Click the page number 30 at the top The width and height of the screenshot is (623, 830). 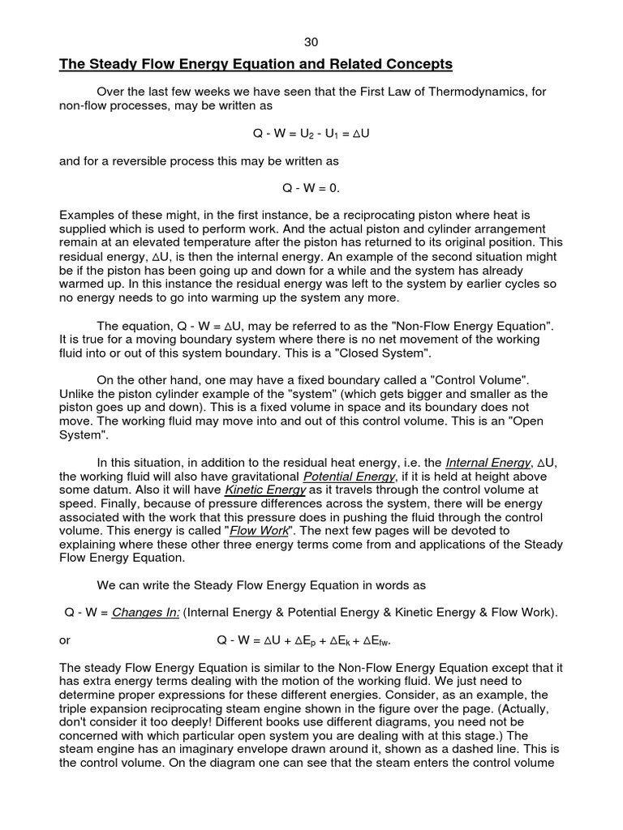coord(311,41)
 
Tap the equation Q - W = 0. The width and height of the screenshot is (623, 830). coord(311,188)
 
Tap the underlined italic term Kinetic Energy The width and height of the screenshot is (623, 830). coord(265,490)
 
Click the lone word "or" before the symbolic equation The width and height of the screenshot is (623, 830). coord(65,640)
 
